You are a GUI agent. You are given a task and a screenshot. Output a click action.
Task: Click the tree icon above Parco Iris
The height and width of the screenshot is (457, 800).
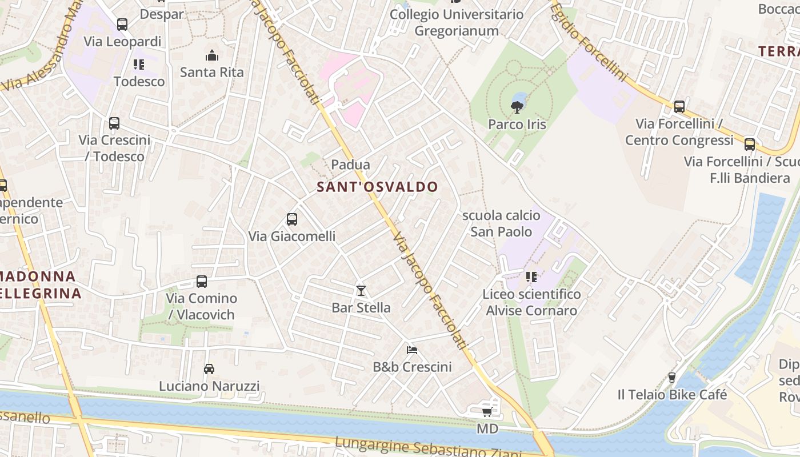pyautogui.click(x=517, y=106)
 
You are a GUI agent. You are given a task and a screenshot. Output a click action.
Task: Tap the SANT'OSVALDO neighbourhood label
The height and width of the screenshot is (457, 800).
pyautogui.click(x=377, y=187)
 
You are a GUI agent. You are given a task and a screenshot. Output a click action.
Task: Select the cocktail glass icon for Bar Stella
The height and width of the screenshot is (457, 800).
pyautogui.click(x=361, y=291)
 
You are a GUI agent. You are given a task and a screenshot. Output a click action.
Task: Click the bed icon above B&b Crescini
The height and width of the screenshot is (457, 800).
pyautogui.click(x=411, y=350)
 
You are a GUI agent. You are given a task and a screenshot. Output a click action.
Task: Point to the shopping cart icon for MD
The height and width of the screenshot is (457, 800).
pyautogui.click(x=487, y=412)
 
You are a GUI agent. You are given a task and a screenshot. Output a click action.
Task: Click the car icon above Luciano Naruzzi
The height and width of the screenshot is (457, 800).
pyautogui.click(x=209, y=369)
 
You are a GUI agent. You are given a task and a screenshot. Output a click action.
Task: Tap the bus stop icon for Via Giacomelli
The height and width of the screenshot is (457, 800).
pyautogui.click(x=291, y=219)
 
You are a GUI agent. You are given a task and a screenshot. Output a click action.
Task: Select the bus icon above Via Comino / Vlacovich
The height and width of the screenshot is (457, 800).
pyautogui.click(x=201, y=282)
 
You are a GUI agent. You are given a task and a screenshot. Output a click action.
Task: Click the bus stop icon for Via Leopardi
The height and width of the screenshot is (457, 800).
pyautogui.click(x=122, y=25)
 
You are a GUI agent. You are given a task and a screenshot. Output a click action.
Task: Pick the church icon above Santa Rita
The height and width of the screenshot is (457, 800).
pyautogui.click(x=212, y=55)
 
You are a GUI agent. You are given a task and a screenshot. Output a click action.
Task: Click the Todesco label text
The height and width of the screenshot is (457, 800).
pyautogui.click(x=139, y=81)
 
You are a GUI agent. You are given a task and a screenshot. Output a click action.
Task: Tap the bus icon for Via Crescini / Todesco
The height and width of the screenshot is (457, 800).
pyautogui.click(x=114, y=123)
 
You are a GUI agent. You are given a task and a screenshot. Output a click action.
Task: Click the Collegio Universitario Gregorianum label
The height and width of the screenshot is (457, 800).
pyautogui.click(x=457, y=22)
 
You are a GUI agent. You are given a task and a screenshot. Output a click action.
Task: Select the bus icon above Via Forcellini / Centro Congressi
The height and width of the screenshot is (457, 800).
pyautogui.click(x=679, y=107)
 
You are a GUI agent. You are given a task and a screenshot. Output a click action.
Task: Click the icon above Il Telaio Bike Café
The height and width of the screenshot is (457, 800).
pyautogui.click(x=672, y=378)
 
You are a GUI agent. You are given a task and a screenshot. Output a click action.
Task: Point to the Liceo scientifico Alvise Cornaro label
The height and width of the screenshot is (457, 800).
pyautogui.click(x=531, y=302)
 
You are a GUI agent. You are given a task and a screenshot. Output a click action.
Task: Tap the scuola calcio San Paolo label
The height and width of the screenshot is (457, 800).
pyautogui.click(x=501, y=223)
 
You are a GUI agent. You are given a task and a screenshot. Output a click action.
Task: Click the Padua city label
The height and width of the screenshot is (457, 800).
pyautogui.click(x=350, y=165)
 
